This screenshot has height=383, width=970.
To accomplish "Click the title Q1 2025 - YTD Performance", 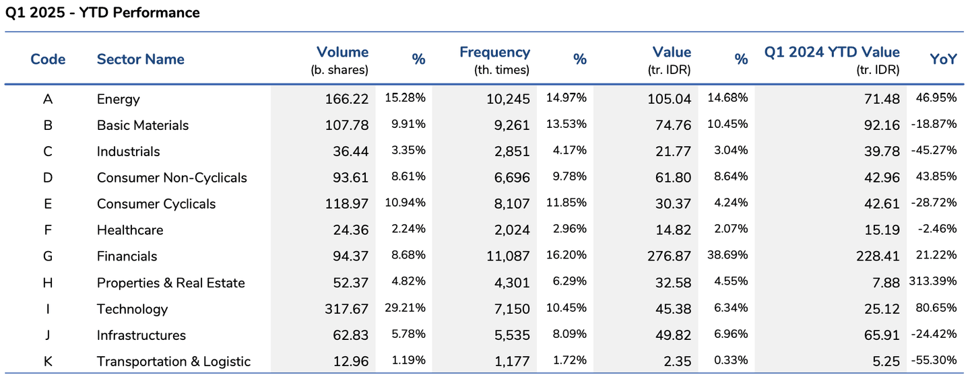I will pos(102,13).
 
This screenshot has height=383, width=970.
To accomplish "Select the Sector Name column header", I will pos(140,59).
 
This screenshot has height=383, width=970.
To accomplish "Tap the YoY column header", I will pos(943,59).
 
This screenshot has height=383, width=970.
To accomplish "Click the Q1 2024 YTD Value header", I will pos(832,53).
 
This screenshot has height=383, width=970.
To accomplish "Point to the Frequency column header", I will pos(494,53).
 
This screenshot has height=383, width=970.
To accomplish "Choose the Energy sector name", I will pos(119,100).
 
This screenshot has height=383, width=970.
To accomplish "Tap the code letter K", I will pos(48,361).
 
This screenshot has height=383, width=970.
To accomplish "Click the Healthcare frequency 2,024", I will pos(508,231).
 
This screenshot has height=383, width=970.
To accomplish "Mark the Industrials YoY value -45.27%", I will pos(934,150).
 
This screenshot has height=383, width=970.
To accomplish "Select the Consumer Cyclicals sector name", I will pos(156,204).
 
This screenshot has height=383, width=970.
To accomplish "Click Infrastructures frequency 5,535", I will pos(508,336).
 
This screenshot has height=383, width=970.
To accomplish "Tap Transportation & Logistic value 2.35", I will pos(676,362).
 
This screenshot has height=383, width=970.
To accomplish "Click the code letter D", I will pos(48,178).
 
